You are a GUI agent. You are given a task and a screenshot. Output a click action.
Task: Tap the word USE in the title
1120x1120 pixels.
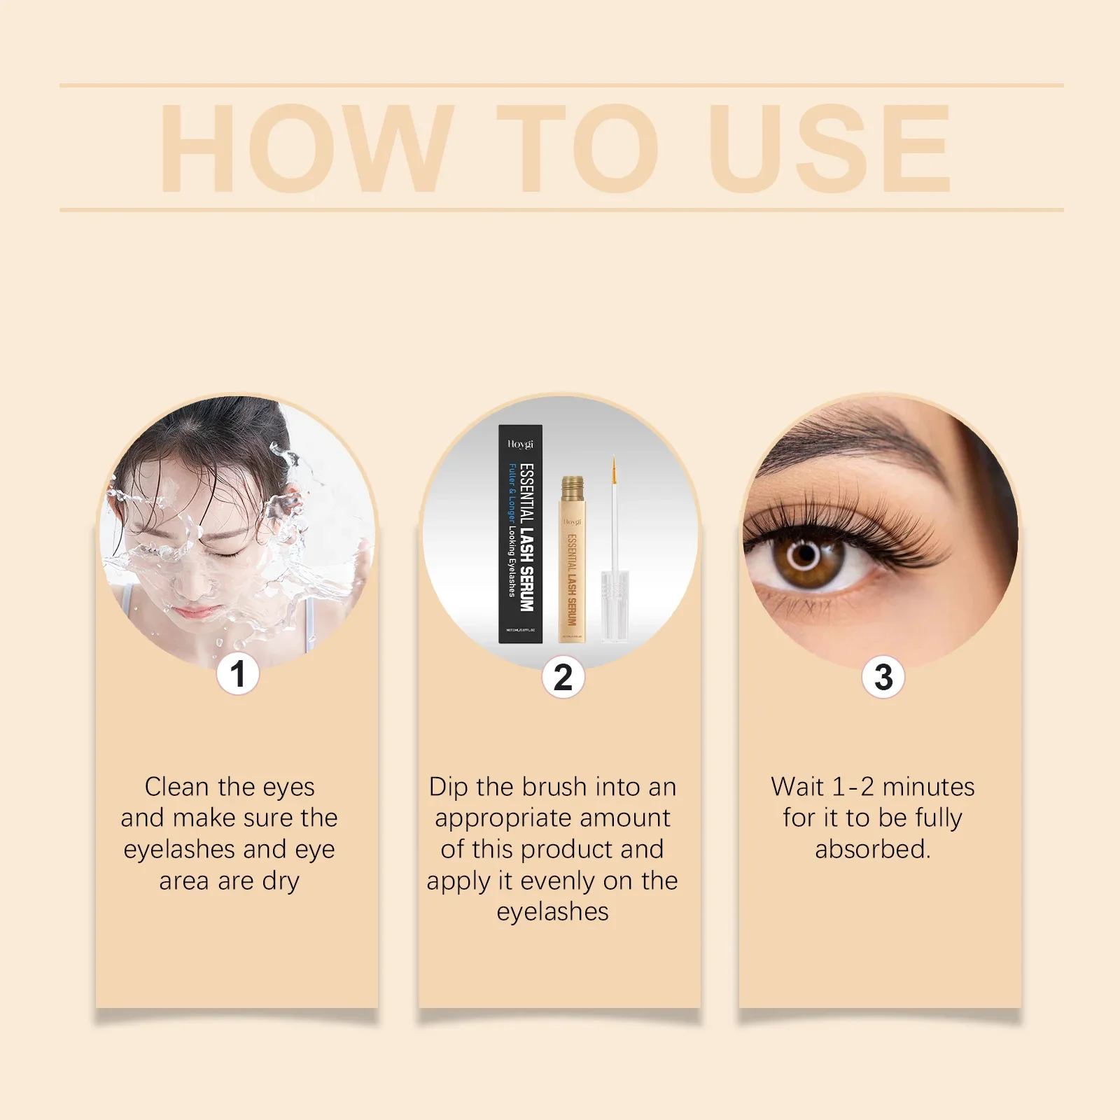coord(829,148)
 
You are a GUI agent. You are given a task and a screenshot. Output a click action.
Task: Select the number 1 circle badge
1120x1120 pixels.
coord(237,674)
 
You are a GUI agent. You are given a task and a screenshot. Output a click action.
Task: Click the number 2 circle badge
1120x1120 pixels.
coord(563,677)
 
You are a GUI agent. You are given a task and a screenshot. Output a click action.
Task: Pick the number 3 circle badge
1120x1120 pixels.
coord(883,677)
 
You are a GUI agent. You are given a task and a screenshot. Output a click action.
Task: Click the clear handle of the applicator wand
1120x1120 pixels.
coord(615,605)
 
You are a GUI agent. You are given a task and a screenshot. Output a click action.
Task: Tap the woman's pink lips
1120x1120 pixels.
coord(195,613)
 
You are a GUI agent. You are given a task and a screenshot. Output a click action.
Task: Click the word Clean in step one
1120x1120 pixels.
coord(176,787)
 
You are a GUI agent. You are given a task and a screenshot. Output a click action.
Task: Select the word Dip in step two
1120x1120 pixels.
coord(448,787)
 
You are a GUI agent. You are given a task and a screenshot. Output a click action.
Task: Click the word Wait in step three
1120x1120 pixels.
coord(797,787)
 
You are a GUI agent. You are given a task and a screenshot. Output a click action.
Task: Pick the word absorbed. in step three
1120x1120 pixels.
coord(873,849)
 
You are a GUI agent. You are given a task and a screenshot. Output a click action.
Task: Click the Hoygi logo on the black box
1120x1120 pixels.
coord(520,444)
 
